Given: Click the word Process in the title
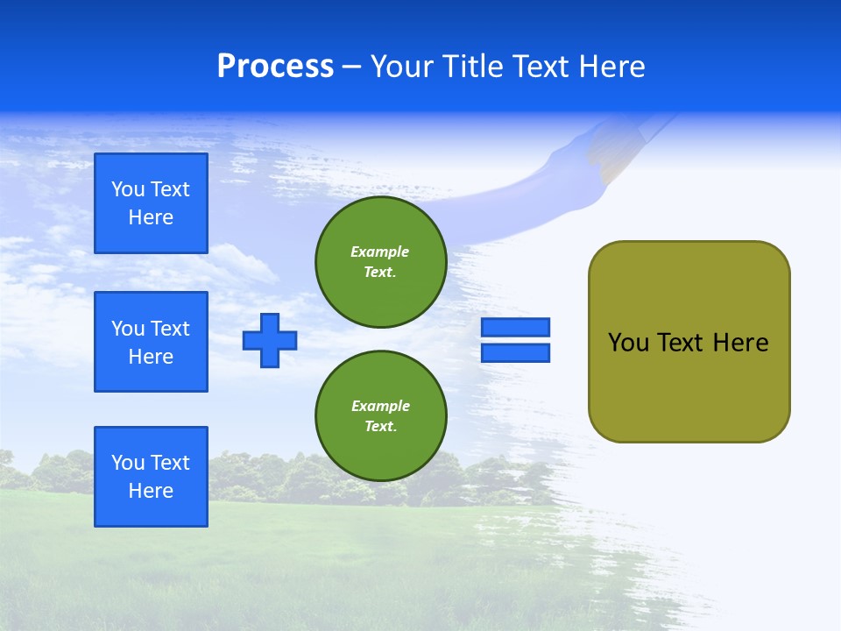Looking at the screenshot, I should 275,67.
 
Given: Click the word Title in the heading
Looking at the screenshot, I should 471,67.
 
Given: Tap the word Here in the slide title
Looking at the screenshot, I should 611,67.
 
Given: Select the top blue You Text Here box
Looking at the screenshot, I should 151,203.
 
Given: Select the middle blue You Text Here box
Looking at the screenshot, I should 151,342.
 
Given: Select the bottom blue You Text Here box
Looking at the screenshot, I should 151,477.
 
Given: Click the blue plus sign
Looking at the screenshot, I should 270,340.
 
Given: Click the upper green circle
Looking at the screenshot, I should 381,262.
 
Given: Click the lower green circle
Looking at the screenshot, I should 381,416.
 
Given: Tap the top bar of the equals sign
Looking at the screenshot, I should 515,328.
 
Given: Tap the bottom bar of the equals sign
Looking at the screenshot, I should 515,352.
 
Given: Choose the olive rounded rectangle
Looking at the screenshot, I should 689,386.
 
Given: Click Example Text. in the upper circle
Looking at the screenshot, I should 380,262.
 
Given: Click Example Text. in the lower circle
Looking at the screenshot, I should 380,416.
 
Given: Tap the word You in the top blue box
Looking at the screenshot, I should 127,189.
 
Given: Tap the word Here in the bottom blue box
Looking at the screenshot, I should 151,491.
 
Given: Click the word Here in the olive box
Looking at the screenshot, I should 740,343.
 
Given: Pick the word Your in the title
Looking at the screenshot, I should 403,67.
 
